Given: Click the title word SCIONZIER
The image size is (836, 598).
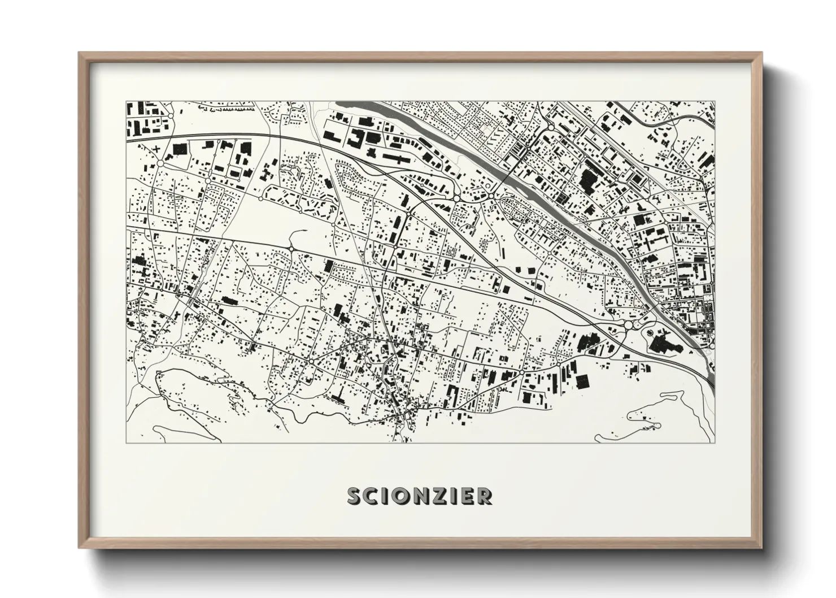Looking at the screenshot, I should click(419, 496).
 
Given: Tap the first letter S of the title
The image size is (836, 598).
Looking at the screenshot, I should click(354, 496).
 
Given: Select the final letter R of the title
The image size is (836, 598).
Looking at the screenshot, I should click(485, 496).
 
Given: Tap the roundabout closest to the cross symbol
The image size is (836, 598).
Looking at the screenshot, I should click(160, 163).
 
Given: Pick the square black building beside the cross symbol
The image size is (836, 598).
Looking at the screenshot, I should click(180, 149).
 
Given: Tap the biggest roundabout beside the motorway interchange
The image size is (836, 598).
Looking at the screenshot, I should click(628, 326).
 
